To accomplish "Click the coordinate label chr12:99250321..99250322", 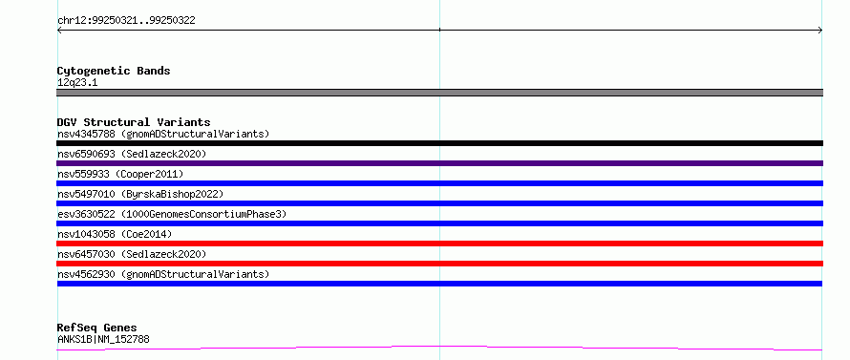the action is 126,21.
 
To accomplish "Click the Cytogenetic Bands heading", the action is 114,71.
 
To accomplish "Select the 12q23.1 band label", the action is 77,83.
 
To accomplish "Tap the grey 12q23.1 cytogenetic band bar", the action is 439,93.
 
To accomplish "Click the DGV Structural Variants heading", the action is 134,122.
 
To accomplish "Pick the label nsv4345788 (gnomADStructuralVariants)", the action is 163,134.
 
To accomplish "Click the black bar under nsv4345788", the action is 439,143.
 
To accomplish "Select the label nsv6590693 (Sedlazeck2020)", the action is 132,154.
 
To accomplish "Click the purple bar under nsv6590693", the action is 439,163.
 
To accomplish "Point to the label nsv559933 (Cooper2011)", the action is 120,174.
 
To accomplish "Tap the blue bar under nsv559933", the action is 439,183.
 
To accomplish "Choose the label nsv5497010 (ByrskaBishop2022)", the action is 139,194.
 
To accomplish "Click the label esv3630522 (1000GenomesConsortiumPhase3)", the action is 172,214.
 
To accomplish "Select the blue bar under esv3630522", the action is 439,223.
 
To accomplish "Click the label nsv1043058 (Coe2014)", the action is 115,234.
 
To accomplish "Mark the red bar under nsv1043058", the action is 439,244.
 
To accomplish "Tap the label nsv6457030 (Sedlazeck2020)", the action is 132,254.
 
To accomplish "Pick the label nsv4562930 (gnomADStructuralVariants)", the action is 163,274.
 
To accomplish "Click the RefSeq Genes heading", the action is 96,328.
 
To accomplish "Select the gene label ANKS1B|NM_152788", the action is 103,339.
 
